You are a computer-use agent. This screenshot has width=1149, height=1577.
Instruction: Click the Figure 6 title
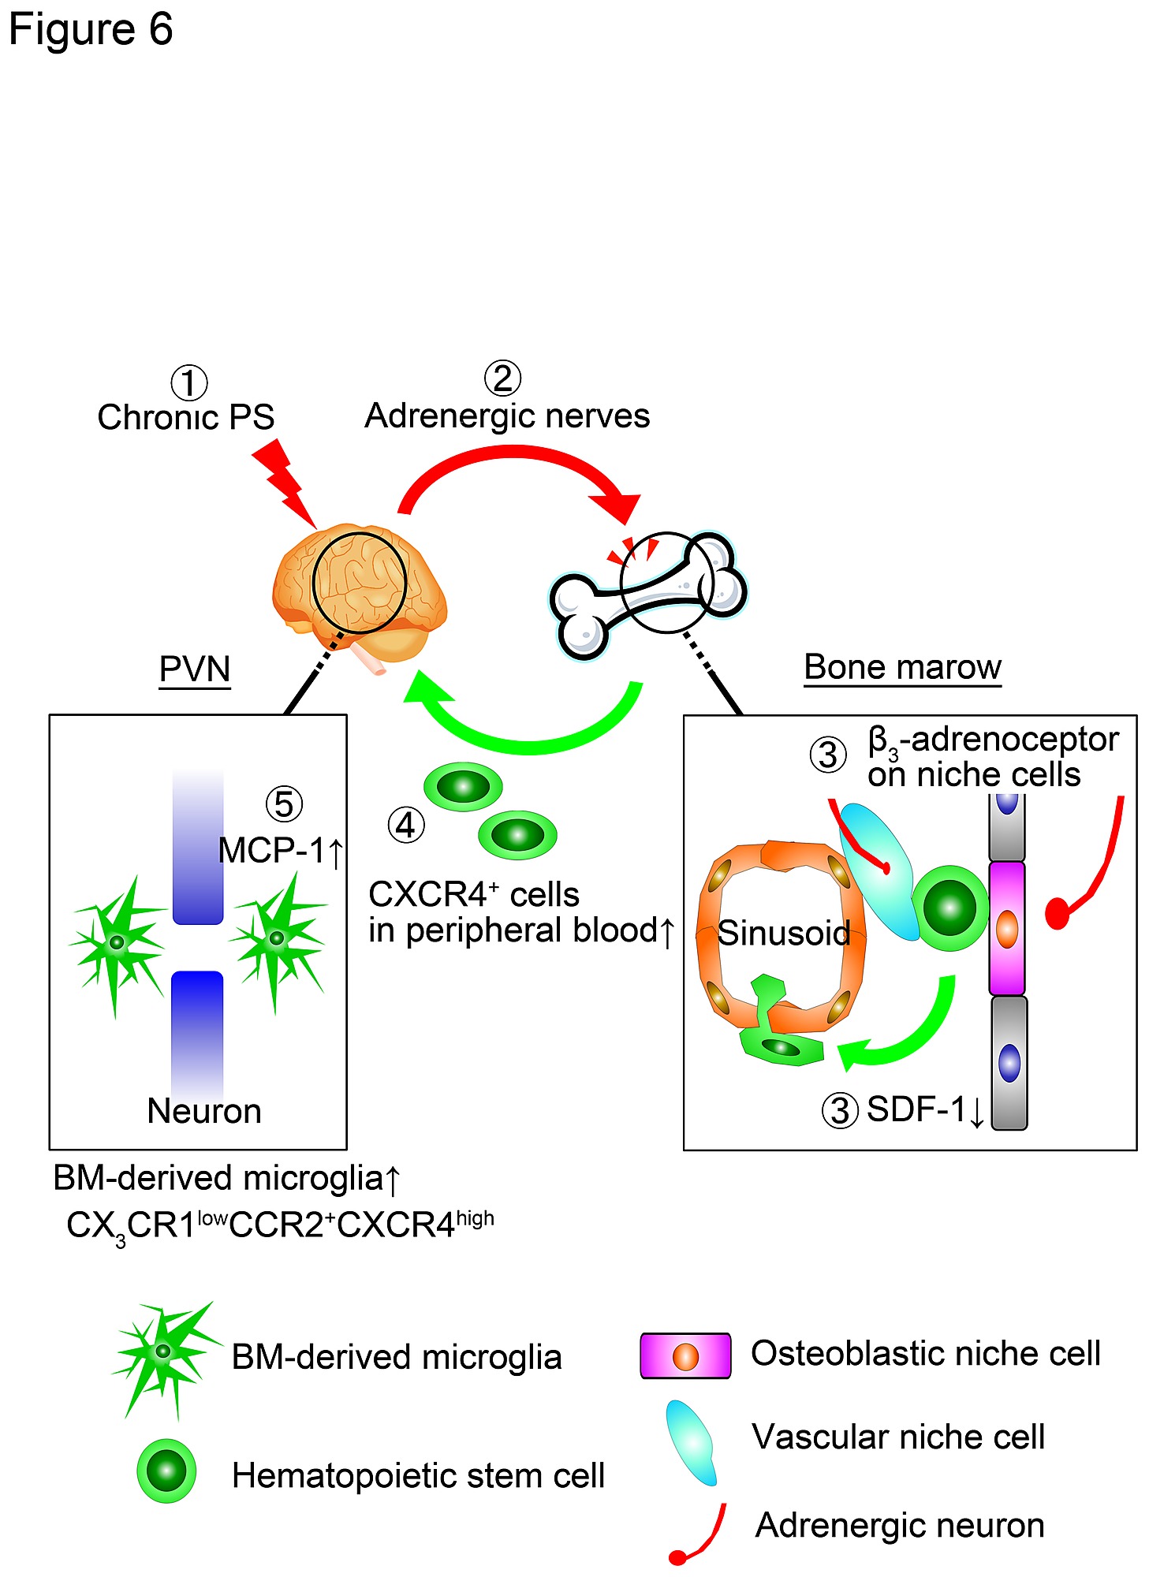point(90,30)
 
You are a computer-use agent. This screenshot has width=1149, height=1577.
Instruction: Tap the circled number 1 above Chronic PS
point(189,383)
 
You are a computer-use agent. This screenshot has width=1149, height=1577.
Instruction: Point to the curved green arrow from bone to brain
point(528,733)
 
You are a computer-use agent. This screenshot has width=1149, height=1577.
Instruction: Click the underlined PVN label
point(195,669)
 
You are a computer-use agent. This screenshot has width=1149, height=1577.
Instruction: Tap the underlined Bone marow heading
point(902,667)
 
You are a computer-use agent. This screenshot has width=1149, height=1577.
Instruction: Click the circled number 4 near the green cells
point(406,826)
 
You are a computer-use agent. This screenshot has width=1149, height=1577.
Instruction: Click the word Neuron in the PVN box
point(204,1111)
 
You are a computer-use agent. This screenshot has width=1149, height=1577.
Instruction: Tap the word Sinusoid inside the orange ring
point(784,933)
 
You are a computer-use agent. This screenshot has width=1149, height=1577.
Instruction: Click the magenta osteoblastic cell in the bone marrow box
point(1007,928)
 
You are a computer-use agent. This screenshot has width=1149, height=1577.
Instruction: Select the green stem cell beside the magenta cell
point(950,908)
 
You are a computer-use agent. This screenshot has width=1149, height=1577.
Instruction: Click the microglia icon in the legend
point(163,1354)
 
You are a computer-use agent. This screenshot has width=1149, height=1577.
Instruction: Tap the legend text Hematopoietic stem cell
point(418,1475)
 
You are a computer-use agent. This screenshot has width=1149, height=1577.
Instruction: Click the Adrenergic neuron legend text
point(900,1525)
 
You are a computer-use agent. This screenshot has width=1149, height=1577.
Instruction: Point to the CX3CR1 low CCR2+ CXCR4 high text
point(280,1225)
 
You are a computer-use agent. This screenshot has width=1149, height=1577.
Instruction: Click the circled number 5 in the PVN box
point(284,804)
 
